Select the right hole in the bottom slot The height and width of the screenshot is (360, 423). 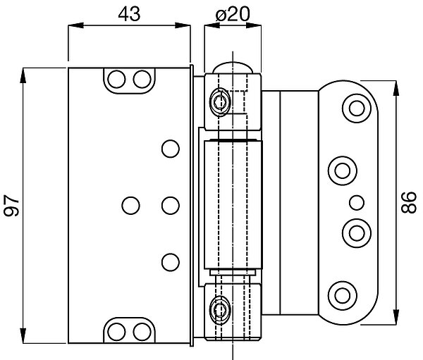point(142,330)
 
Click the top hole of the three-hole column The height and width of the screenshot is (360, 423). point(169,148)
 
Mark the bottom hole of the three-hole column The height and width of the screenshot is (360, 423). point(169,262)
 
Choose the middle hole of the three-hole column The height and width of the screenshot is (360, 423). point(169,205)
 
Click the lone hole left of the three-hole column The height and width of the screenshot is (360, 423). point(130,205)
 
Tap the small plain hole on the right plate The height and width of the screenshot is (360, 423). point(355,203)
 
